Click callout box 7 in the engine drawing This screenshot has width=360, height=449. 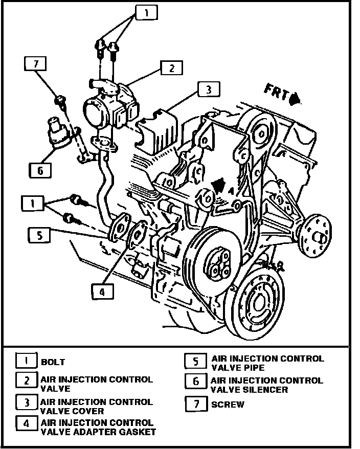pos(35,64)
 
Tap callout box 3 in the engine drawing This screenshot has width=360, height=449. pos(208,90)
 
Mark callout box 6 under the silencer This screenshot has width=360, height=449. pos(40,170)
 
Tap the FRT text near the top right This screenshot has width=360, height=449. pos(276,93)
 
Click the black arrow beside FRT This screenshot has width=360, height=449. pos(295,98)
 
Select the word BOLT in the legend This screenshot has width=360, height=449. pos(53,362)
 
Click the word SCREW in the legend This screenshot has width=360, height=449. pos(228,405)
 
